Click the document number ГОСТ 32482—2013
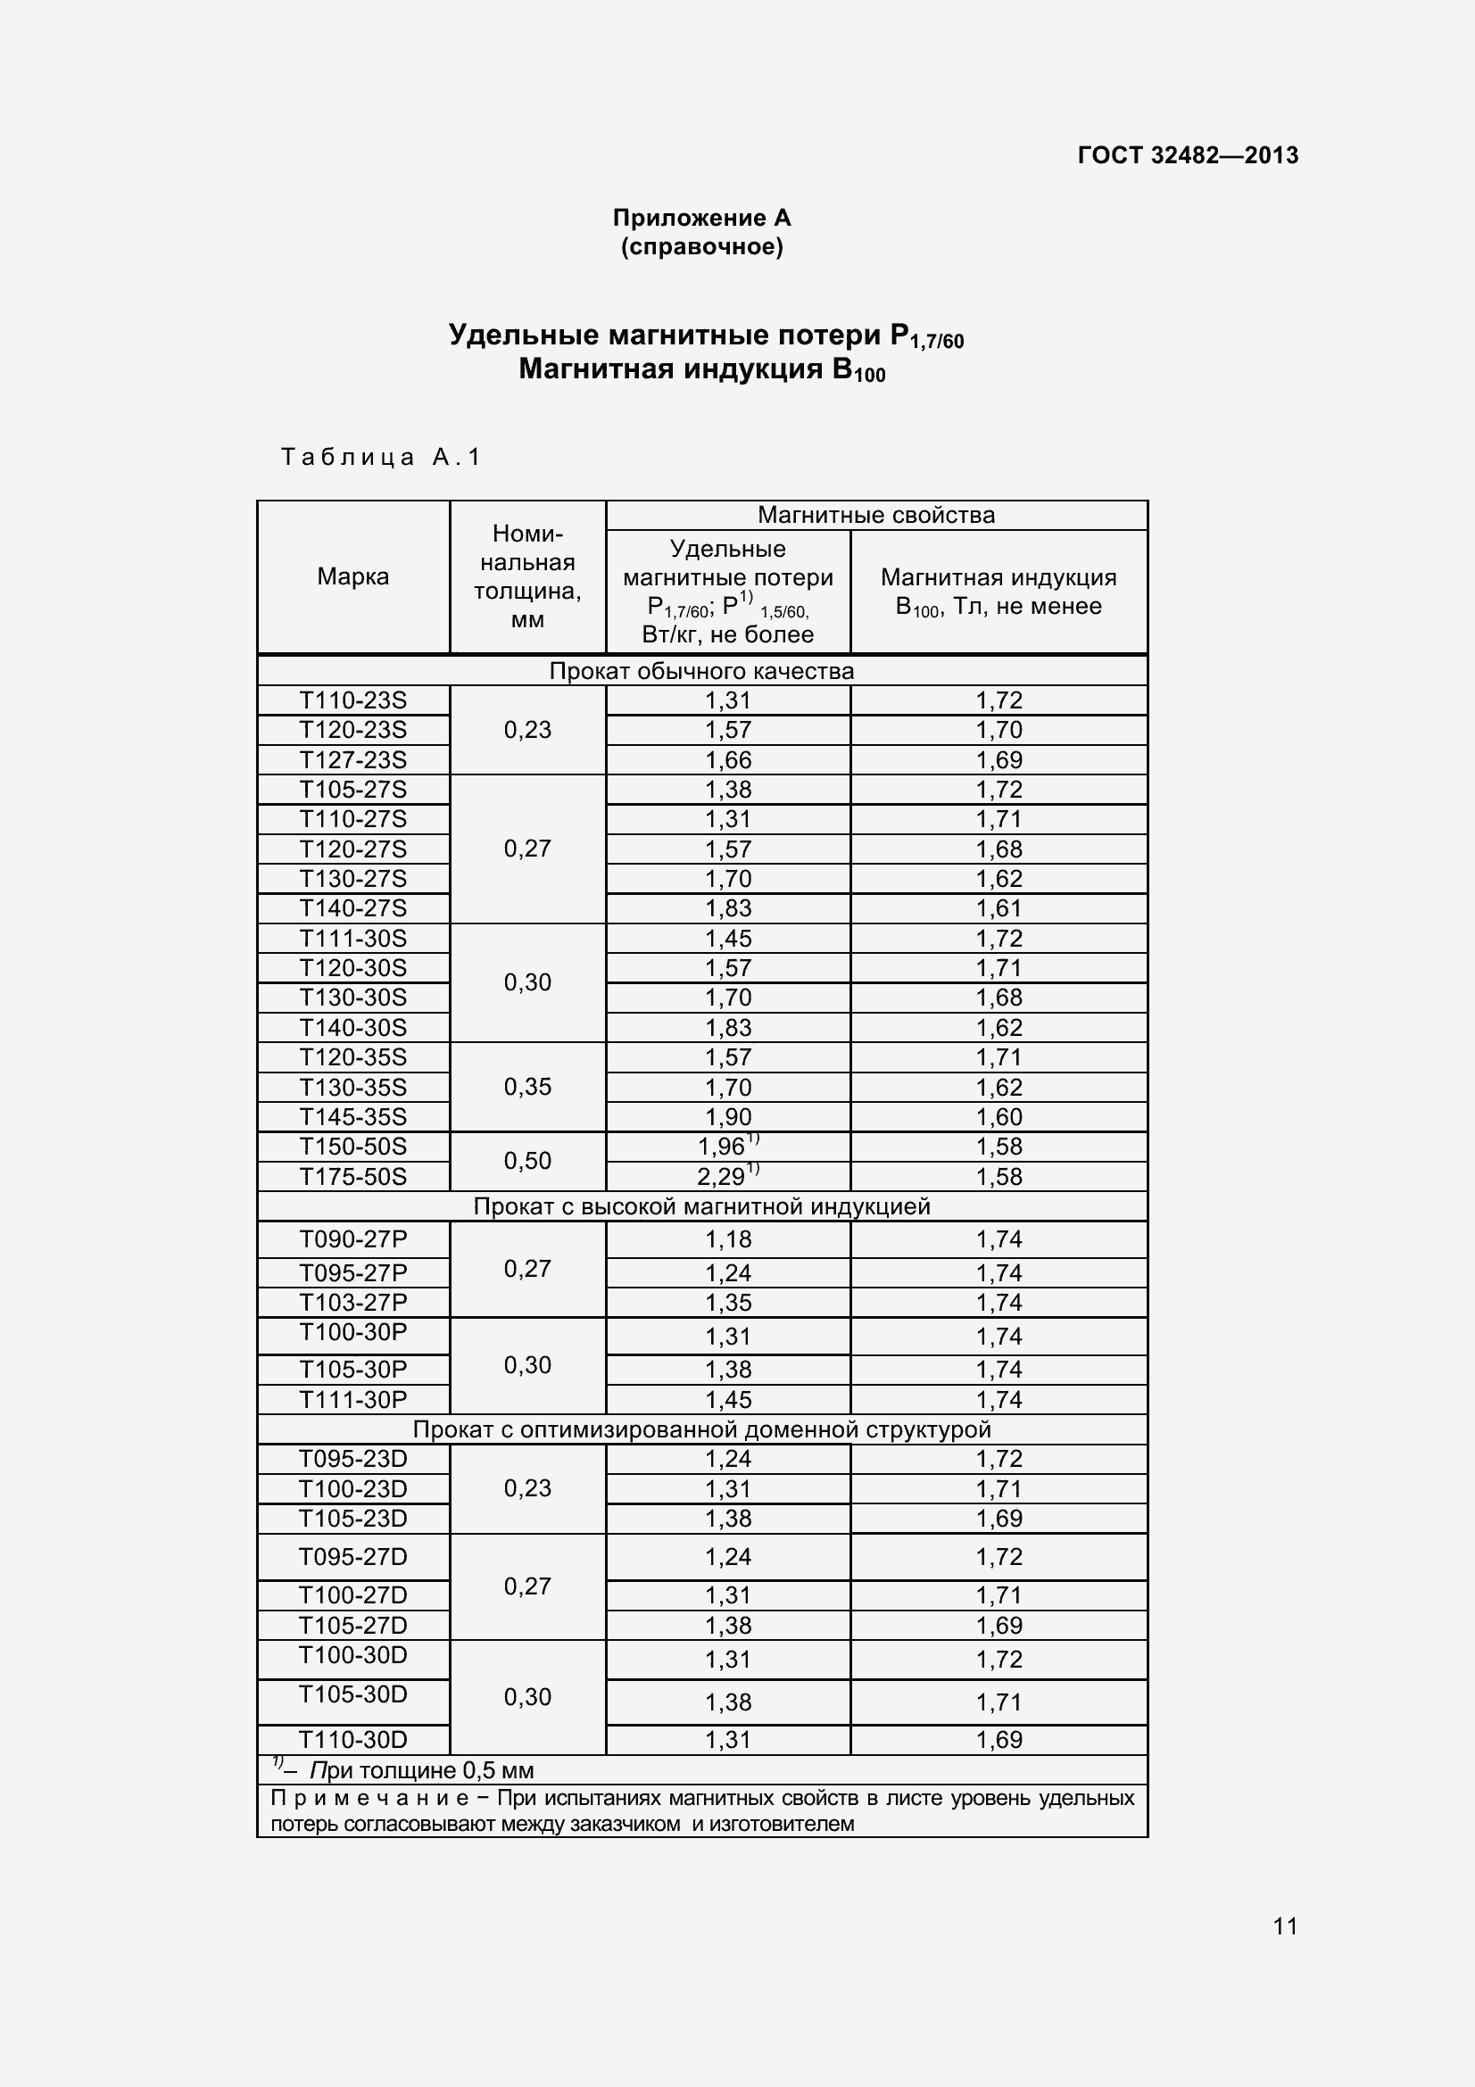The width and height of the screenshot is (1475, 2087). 1187,155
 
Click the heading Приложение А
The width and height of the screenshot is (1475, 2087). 701,218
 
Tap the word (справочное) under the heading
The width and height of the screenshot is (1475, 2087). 701,247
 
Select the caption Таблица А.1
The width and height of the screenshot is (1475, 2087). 381,456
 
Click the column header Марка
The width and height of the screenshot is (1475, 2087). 352,576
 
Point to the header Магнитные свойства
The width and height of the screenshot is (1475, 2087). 876,516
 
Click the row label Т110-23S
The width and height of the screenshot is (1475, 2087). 352,700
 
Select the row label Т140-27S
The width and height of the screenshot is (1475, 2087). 352,908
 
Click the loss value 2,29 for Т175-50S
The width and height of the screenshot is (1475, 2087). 724,1177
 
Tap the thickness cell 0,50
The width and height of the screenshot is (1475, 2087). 527,1161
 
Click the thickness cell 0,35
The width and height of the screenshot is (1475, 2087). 527,1087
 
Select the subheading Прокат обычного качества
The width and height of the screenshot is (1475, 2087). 701,672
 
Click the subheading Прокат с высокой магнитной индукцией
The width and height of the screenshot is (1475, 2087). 701,1207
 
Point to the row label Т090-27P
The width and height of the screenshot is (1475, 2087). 352,1239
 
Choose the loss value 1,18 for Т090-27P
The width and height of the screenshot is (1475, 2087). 728,1240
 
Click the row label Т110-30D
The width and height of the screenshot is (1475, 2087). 352,1740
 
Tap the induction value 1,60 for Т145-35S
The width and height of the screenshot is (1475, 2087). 999,1117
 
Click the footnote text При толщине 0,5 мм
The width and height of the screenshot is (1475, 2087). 422,1770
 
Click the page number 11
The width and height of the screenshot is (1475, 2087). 1285,1926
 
